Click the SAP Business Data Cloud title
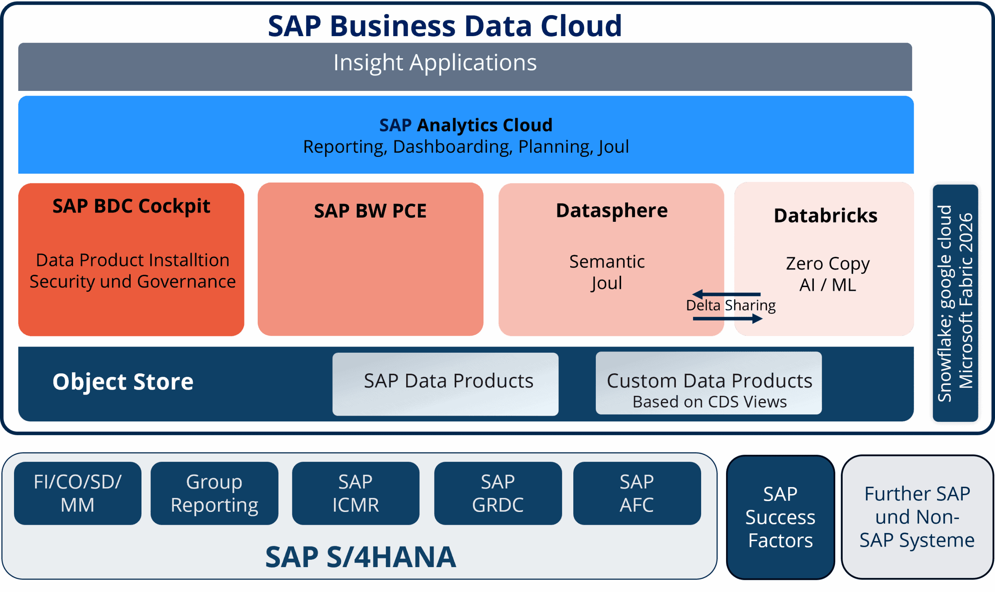click(x=444, y=26)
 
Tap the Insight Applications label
click(x=435, y=63)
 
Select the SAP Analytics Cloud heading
click(x=465, y=125)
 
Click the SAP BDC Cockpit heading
click(x=131, y=206)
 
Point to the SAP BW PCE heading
click(x=370, y=211)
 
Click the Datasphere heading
click(x=611, y=211)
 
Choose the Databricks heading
click(x=826, y=216)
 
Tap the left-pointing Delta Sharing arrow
click(x=726, y=294)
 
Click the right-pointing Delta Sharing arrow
click(x=728, y=319)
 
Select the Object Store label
click(x=123, y=382)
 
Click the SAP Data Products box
click(x=445, y=384)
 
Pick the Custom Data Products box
click(x=709, y=383)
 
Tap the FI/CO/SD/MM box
click(x=77, y=493)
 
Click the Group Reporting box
click(x=214, y=493)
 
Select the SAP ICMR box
click(x=355, y=493)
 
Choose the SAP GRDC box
click(x=498, y=493)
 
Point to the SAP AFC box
click(x=637, y=493)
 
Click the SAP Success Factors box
click(x=780, y=517)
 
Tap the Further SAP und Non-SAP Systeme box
click(x=917, y=517)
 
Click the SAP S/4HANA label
click(x=360, y=557)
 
